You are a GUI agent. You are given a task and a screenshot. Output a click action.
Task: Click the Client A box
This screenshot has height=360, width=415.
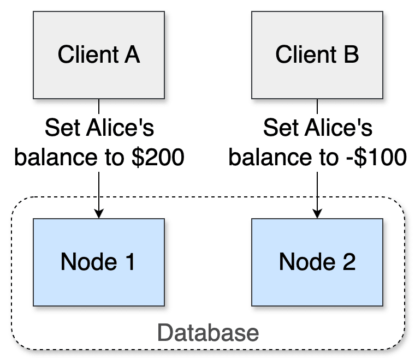click(98, 55)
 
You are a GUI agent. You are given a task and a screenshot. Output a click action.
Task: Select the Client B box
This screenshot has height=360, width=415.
click(317, 55)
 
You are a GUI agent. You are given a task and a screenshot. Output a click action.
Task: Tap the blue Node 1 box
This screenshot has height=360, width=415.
click(98, 262)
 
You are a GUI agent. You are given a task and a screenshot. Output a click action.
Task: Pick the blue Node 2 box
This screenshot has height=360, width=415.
click(317, 262)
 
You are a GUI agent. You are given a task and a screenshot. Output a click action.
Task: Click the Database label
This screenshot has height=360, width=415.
click(207, 332)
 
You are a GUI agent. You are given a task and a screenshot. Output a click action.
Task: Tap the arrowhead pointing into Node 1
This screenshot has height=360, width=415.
click(98, 213)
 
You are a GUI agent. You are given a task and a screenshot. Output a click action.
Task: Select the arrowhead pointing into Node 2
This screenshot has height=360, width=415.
click(317, 213)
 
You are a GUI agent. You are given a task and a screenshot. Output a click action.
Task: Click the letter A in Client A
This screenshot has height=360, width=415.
click(132, 55)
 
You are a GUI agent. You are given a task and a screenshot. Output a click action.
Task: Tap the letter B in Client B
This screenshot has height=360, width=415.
click(351, 55)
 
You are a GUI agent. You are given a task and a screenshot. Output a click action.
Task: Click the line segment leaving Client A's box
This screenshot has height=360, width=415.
click(98, 107)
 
